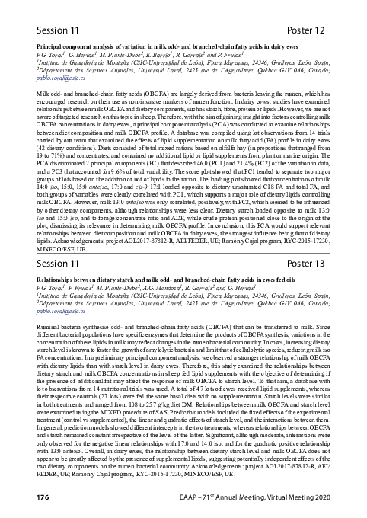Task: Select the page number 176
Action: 21,497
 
